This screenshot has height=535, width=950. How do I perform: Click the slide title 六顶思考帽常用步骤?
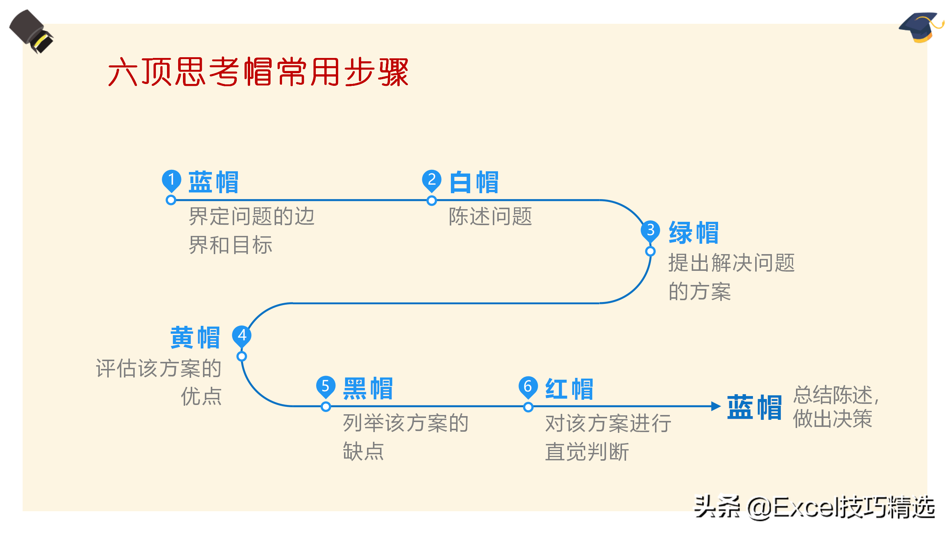[x=258, y=72]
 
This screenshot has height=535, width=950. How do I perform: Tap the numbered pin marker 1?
[x=171, y=180]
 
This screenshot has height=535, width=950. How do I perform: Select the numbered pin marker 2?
[x=432, y=180]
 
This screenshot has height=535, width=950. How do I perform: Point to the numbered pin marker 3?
[x=650, y=230]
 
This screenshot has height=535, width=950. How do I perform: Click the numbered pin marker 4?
[x=242, y=335]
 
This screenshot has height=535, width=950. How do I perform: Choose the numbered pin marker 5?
[x=325, y=386]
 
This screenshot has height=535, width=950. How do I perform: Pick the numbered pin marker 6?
[x=528, y=386]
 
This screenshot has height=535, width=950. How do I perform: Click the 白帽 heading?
[x=474, y=182]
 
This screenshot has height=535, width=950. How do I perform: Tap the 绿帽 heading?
[x=694, y=233]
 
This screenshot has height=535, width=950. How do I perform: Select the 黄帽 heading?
[x=195, y=338]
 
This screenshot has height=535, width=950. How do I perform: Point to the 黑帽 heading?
[x=368, y=389]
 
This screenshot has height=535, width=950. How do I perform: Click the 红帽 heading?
[x=569, y=389]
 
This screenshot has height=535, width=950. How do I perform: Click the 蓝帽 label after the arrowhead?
[x=754, y=407]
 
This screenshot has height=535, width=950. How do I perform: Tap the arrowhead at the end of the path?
[x=716, y=406]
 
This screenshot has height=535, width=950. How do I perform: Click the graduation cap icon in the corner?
[x=921, y=27]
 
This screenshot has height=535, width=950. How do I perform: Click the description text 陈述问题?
[x=490, y=217]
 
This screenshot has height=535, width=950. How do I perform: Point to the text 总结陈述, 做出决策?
[x=835, y=406]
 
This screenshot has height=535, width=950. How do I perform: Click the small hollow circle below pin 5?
[x=326, y=407]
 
